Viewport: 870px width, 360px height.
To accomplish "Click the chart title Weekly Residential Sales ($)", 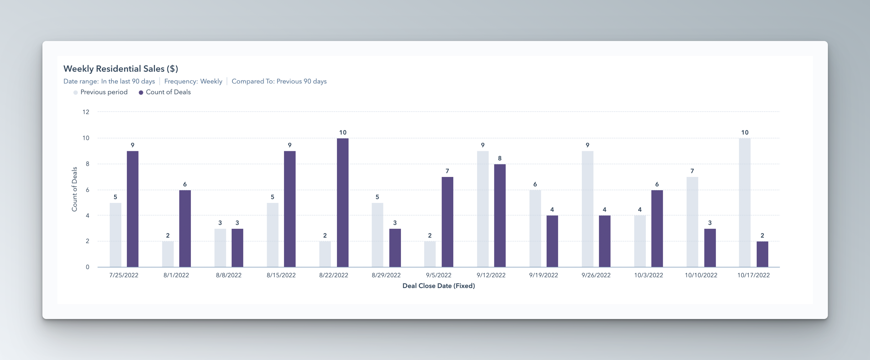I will [121, 69].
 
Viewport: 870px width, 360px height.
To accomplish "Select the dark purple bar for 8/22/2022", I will [342, 203].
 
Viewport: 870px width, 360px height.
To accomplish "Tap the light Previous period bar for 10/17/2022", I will [744, 203].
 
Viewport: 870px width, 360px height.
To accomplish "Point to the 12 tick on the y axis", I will [86, 112].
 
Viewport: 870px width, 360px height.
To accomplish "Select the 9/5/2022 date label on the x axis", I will [438, 275].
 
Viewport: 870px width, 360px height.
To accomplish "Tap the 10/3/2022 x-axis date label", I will [648, 275].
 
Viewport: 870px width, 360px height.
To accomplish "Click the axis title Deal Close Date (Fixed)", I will [438, 286].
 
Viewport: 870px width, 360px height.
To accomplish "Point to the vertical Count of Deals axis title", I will [74, 189].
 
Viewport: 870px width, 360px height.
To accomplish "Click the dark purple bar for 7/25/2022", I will [132, 209].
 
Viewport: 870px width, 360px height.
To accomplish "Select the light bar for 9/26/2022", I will [587, 209].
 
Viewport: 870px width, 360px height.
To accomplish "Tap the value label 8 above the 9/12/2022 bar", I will [500, 158].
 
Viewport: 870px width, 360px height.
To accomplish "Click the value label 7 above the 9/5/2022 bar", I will [447, 171].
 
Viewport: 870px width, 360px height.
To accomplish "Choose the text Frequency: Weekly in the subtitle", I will [193, 81].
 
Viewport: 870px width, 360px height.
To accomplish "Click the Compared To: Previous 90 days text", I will [279, 81].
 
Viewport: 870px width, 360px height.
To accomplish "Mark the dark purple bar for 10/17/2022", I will [762, 254].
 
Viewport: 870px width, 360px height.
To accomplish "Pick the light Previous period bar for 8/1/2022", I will [168, 254].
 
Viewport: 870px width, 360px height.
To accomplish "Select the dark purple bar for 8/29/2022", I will [395, 248].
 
